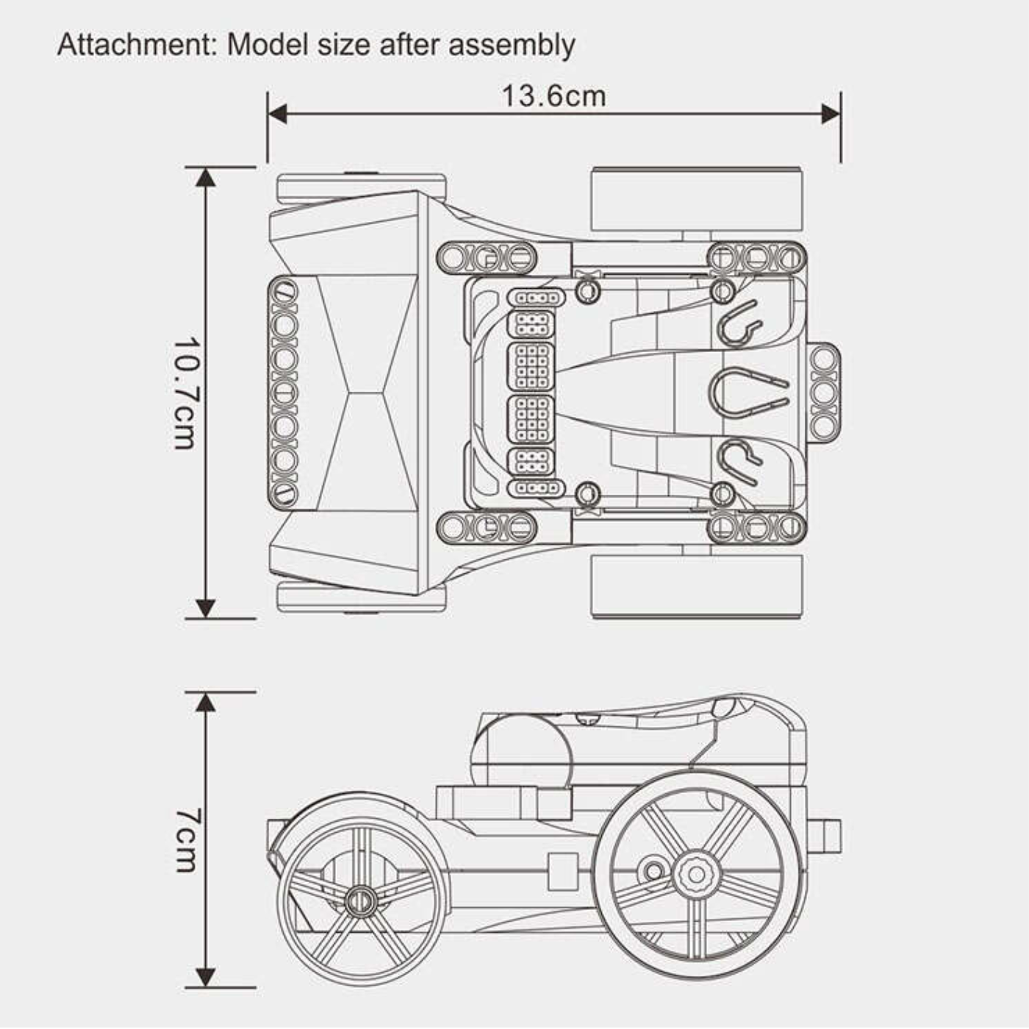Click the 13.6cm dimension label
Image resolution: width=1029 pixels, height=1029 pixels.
point(553,96)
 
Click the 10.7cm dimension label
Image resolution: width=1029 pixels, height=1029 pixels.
point(184,393)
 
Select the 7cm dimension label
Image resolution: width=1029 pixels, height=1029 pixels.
point(185,840)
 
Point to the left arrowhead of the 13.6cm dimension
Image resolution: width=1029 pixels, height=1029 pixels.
point(276,113)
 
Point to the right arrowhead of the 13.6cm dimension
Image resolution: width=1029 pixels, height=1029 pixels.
point(831,113)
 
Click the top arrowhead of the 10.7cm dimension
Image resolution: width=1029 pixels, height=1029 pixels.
point(206,177)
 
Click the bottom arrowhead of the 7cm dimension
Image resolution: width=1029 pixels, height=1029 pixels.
point(206,978)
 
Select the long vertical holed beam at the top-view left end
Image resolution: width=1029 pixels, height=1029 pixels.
point(284,392)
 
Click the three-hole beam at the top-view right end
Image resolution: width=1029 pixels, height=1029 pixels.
point(825,392)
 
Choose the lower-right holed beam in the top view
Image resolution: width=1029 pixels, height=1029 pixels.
point(756,526)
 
